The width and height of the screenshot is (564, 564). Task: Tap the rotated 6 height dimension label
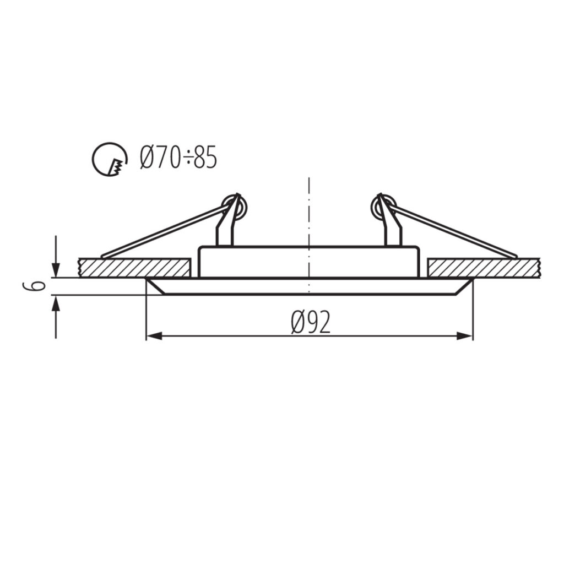point(35,286)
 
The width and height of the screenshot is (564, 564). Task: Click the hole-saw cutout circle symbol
point(110,159)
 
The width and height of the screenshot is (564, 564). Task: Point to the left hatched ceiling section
point(135,268)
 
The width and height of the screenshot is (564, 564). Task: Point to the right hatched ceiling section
point(484,268)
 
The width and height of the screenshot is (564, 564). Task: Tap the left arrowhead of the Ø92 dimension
point(154,336)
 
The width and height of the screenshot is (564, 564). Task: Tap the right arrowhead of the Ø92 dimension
point(464,336)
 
